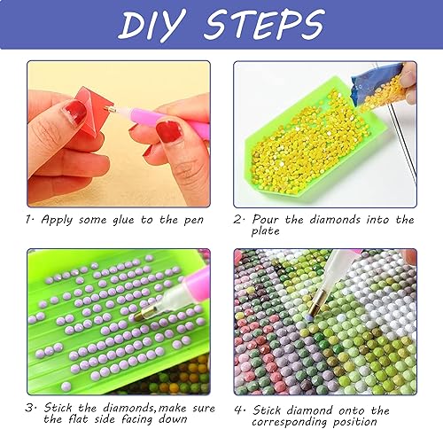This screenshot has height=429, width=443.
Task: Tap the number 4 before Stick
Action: click(x=238, y=410)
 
